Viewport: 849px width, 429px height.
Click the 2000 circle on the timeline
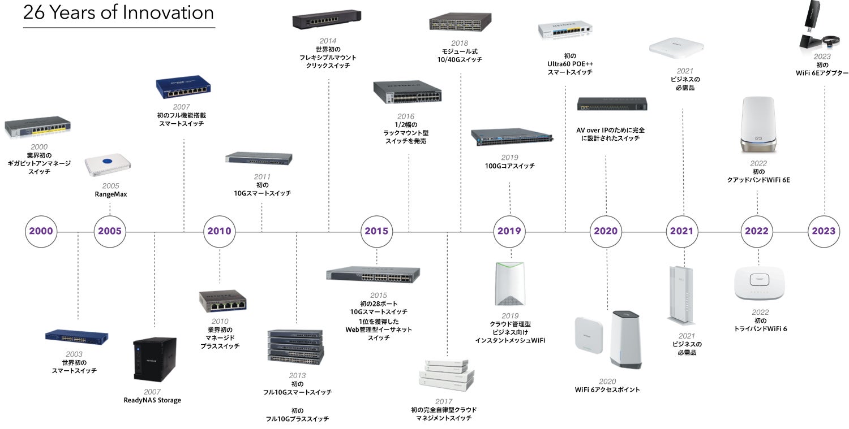(41, 231)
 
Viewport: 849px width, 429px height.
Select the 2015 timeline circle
(376, 231)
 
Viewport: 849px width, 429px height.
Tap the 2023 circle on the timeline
(824, 231)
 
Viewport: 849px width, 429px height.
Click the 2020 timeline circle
(606, 231)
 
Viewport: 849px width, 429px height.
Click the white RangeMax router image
(108, 163)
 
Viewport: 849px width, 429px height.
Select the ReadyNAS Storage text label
(152, 400)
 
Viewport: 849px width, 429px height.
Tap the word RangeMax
(110, 195)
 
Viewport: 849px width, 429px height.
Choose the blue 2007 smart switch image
(183, 87)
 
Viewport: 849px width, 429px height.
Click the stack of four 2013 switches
(295, 346)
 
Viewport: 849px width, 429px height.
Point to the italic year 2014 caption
(328, 41)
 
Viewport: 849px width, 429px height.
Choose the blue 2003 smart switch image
(76, 337)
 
